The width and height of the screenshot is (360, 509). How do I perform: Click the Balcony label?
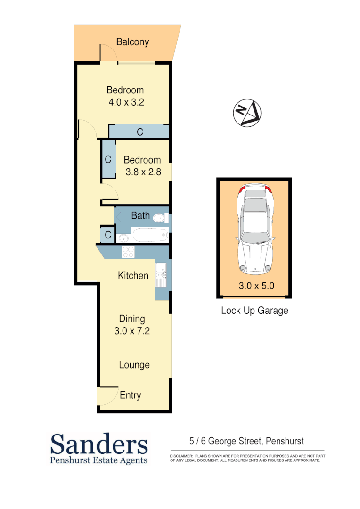[132, 42]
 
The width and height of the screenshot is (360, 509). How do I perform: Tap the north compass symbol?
[247, 113]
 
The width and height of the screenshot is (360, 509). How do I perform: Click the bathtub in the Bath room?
[149, 235]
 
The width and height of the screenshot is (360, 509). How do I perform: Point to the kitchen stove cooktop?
[128, 252]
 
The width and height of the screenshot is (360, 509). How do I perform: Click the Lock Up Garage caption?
[254, 311]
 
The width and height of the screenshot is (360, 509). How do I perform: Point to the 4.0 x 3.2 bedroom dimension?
[125, 102]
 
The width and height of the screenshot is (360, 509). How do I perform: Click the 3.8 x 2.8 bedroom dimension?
[143, 172]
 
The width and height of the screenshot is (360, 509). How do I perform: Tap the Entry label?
[131, 395]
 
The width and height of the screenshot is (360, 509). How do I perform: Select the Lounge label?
[134, 365]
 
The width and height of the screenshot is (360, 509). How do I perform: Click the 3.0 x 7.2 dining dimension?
[132, 331]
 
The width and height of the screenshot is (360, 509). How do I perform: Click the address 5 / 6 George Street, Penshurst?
[246, 442]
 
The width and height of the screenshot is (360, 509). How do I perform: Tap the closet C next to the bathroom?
[107, 235]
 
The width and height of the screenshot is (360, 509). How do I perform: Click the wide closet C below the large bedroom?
[139, 131]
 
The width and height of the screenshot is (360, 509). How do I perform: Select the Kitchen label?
[133, 276]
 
